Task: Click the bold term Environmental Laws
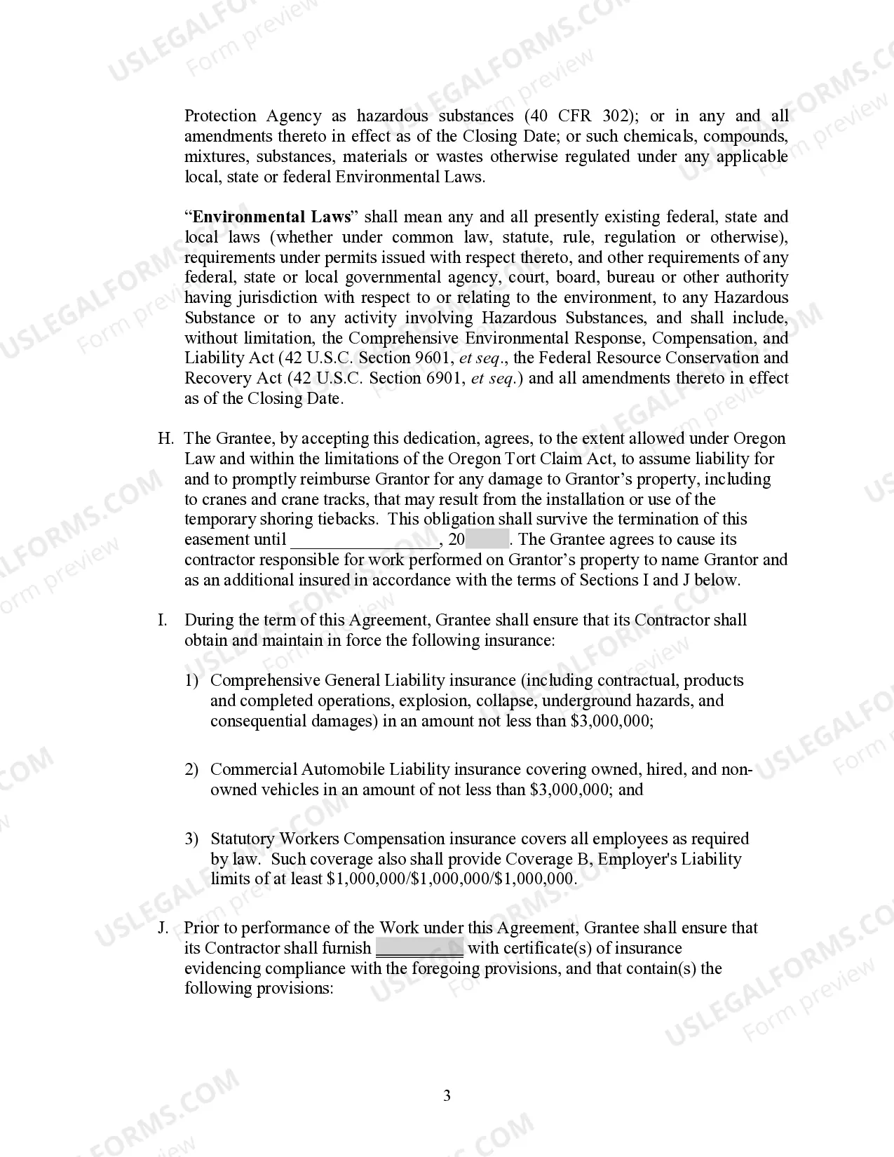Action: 271,217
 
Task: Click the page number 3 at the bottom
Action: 447,1096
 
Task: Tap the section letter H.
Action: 165,439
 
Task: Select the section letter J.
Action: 163,928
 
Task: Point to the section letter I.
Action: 163,621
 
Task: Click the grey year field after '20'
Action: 487,540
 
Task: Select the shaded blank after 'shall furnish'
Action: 419,948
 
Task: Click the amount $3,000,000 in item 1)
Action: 610,722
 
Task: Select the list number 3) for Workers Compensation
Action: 192,839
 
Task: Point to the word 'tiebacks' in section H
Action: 352,520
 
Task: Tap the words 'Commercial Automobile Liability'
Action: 297,770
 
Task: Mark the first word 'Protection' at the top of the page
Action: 220,116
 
